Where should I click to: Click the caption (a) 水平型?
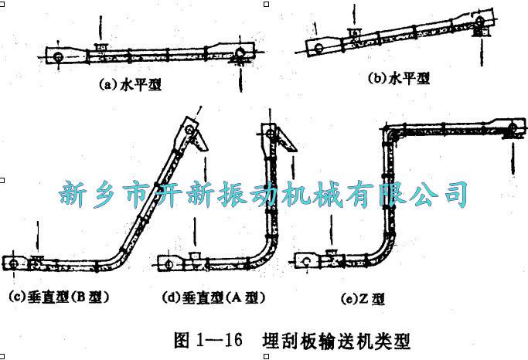[x=130, y=84]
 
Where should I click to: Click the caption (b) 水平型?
[x=398, y=78]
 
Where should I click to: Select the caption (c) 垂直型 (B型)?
[x=60, y=297]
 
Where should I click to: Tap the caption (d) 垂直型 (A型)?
[x=213, y=297]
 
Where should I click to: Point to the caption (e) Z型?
[x=363, y=298]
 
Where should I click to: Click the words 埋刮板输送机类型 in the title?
[x=336, y=341]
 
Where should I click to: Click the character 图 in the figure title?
[x=182, y=340]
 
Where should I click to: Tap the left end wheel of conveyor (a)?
[x=59, y=57]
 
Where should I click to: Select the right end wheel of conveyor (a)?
[x=240, y=53]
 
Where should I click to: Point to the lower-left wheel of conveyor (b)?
[x=319, y=48]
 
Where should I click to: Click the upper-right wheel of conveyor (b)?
[x=479, y=21]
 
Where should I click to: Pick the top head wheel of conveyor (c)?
[x=189, y=129]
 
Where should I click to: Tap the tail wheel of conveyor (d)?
[x=169, y=264]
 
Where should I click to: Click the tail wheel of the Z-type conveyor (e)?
[x=306, y=261]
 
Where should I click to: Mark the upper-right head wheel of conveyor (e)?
[x=513, y=128]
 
